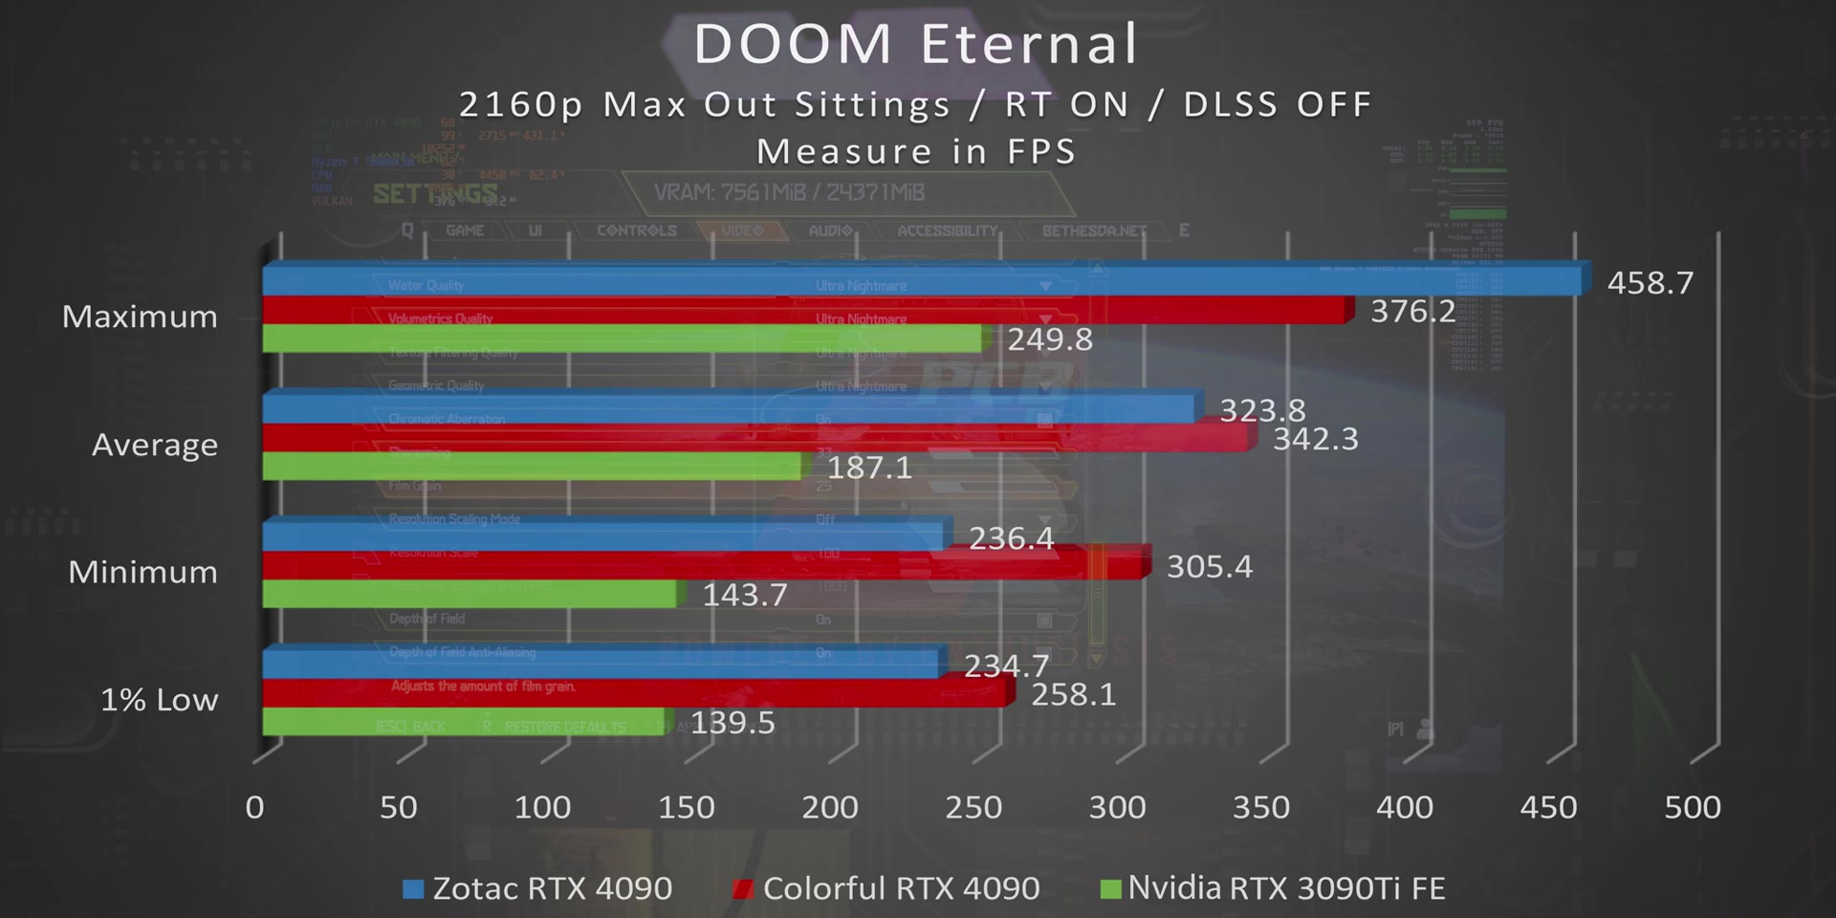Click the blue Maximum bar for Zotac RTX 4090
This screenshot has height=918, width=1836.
pos(918,281)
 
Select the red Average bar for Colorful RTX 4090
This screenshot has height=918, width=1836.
pos(755,438)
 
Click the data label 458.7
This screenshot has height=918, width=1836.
pos(1650,283)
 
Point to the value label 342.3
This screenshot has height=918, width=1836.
pos(1315,439)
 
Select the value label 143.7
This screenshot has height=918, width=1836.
pos(745,595)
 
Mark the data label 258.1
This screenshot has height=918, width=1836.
pos(1073,694)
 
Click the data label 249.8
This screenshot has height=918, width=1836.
pos(1049,339)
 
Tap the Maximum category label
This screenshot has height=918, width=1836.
pos(140,317)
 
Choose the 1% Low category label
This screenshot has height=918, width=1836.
pos(159,700)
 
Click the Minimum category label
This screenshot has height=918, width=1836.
pos(142,572)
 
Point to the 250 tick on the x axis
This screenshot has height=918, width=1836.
pos(973,807)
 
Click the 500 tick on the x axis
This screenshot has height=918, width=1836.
pos(1692,807)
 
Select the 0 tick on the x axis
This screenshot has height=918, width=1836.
pos(254,807)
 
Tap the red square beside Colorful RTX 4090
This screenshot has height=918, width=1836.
pos(742,889)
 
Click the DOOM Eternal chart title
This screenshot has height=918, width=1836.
pos(916,44)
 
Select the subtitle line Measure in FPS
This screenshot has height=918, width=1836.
pos(916,151)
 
